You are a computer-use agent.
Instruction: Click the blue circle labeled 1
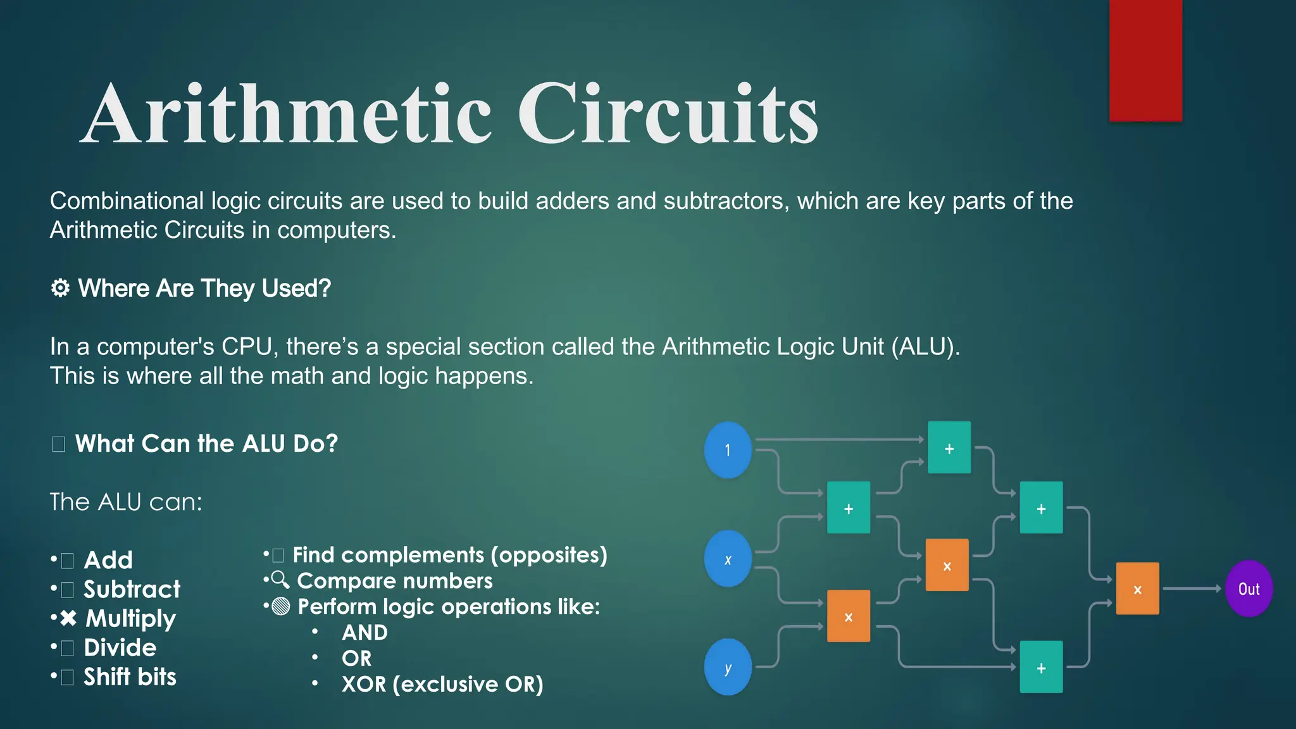(728, 450)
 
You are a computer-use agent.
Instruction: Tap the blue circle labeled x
(728, 559)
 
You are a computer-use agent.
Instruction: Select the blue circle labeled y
(728, 667)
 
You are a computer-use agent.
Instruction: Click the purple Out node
(1249, 589)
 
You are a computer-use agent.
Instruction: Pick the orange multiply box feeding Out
(1137, 589)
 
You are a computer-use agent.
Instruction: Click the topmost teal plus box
(949, 447)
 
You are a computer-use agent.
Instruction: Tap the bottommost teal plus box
(1041, 667)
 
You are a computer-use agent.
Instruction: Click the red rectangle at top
(1145, 60)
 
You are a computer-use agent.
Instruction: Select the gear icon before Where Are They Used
(60, 289)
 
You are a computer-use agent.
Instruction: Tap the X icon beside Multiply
(68, 618)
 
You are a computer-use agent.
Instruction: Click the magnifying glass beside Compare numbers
(280, 580)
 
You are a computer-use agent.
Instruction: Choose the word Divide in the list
(120, 647)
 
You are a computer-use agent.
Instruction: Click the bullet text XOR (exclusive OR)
(442, 684)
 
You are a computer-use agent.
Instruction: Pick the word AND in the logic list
(364, 632)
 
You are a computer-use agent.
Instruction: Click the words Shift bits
(130, 676)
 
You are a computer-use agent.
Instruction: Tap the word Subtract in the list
(132, 589)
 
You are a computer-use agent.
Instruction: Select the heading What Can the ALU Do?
(206, 444)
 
